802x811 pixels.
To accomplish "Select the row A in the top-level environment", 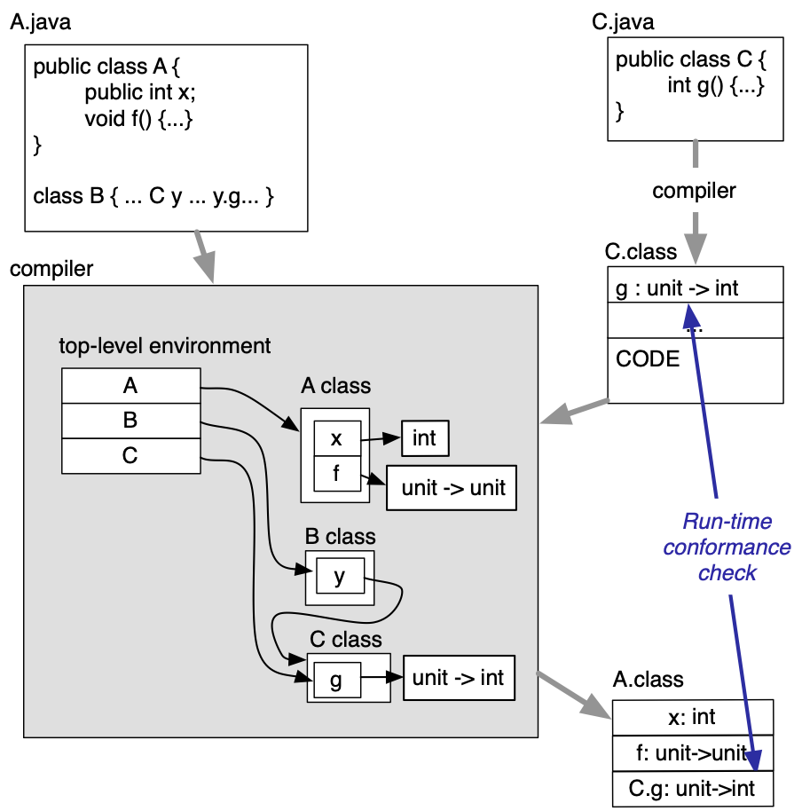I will click(130, 387).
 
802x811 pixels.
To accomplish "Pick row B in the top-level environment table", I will click(130, 421).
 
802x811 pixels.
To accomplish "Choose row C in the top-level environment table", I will click(130, 456).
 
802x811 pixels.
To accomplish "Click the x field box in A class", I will click(336, 439).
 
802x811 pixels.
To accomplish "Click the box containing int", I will click(425, 437).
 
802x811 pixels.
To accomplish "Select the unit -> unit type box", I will click(452, 488).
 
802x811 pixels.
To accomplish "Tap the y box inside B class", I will click(339, 578).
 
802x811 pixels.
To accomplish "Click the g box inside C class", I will click(335, 681).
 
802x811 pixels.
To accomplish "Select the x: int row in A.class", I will click(692, 717).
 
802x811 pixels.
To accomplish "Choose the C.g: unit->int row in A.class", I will click(692, 789).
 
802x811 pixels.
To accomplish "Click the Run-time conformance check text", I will click(727, 547).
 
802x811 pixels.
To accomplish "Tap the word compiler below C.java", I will click(694, 191).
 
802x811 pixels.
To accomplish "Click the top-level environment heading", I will click(165, 346).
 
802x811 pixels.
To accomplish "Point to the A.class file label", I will click(648, 680).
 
